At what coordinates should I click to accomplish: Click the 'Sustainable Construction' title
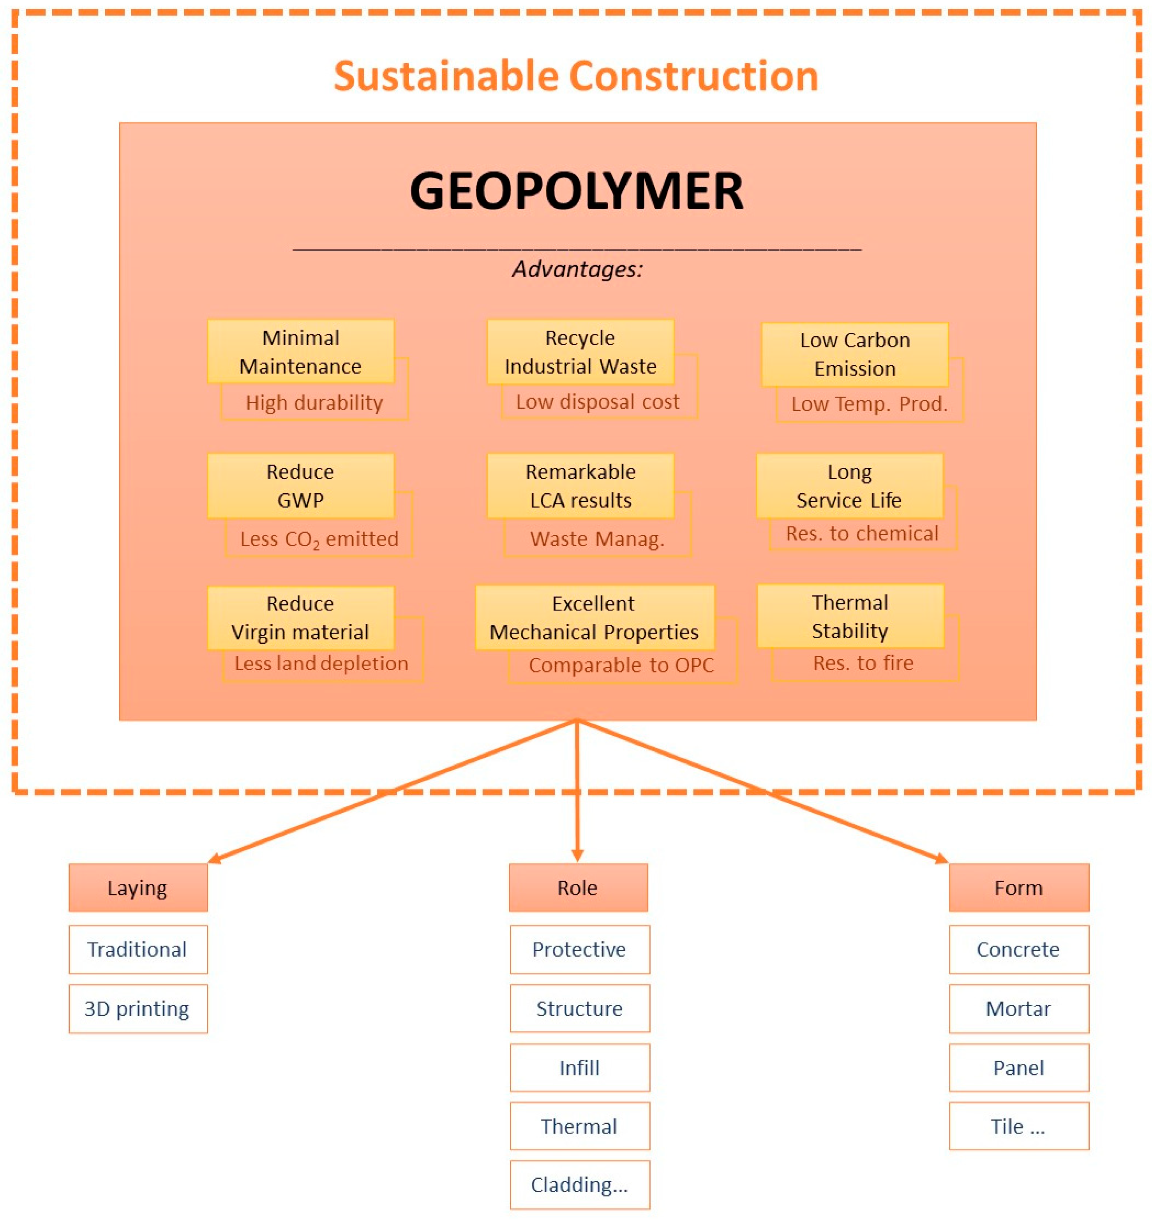(x=575, y=76)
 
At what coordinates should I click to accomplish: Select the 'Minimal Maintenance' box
(x=300, y=351)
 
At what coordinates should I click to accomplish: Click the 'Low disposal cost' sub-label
(x=598, y=402)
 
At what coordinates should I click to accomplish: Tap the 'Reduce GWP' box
(x=300, y=485)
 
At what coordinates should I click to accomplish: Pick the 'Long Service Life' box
(x=849, y=485)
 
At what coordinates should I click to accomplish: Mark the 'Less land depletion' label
(x=321, y=664)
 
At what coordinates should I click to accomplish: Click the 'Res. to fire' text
(x=863, y=663)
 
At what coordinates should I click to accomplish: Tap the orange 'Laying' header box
(x=138, y=888)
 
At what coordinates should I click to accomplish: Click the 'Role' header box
(x=577, y=888)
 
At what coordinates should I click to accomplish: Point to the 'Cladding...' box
(x=579, y=1185)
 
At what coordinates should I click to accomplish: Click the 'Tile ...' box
(x=1018, y=1126)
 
